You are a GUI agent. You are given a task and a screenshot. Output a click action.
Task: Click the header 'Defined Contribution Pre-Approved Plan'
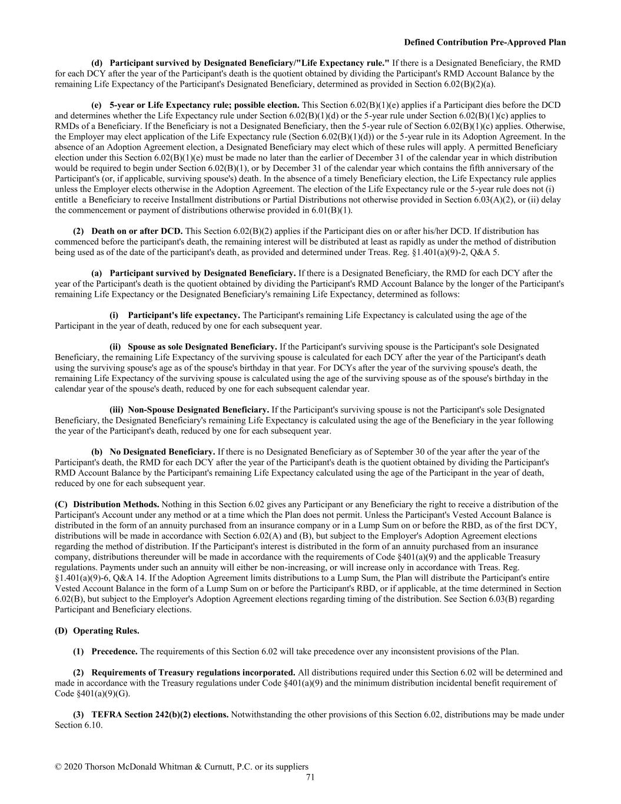point(484,42)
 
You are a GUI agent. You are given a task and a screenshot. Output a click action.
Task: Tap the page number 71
point(310,777)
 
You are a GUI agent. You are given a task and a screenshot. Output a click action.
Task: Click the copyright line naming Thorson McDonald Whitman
point(181,766)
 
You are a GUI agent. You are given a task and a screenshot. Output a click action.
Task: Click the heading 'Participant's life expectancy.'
point(184,315)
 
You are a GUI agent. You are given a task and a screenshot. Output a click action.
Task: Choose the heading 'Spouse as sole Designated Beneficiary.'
point(202,347)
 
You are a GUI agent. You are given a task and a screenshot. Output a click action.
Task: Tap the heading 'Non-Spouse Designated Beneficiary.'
point(198,409)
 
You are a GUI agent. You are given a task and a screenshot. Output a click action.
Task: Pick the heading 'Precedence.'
point(114,651)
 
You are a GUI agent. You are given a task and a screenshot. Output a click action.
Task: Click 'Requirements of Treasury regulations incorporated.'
point(193,672)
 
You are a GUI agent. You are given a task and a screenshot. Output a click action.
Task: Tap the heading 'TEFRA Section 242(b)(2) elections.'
point(160,714)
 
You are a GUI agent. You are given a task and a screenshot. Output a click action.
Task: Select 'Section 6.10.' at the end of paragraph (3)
point(78,725)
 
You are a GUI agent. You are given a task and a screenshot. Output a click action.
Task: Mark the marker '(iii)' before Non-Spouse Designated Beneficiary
point(117,409)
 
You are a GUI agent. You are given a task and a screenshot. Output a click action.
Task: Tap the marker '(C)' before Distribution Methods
point(61,504)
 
